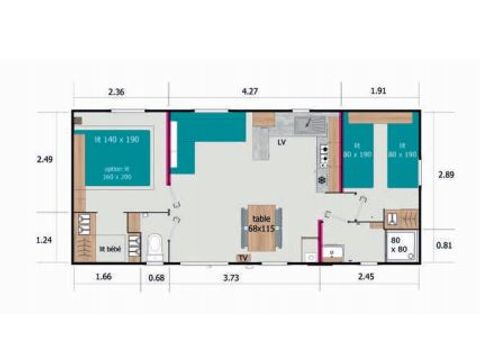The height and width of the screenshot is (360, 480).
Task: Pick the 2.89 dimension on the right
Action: point(446,174)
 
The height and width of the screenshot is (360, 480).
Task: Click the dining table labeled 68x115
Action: point(262,224)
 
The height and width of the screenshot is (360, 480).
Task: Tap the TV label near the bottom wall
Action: point(243,257)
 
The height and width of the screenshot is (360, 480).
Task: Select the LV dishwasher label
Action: point(282,143)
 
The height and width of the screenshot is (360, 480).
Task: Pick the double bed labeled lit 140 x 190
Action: point(117,159)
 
